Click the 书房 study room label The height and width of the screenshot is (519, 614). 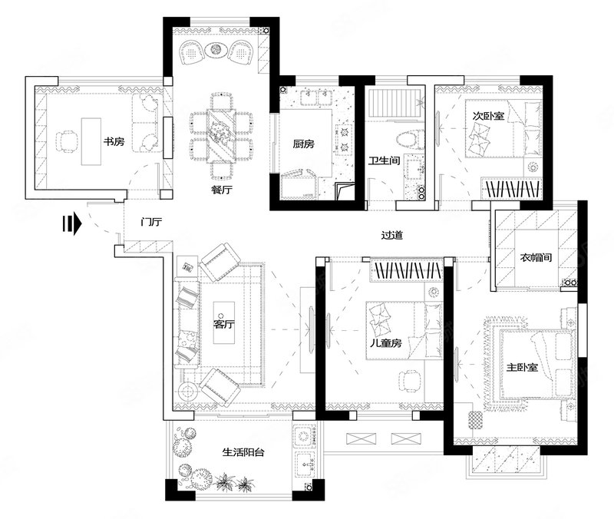(x=114, y=141)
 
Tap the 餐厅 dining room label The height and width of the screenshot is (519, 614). (x=222, y=190)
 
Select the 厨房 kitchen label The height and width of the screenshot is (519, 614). (x=303, y=144)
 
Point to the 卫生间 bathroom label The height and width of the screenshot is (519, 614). (x=385, y=160)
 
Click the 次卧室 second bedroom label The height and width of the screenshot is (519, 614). (x=488, y=116)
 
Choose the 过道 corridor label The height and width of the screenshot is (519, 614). (x=392, y=235)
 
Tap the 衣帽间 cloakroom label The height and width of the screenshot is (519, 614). (x=536, y=257)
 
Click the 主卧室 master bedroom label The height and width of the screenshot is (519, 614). (x=522, y=368)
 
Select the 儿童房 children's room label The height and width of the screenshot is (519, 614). (x=386, y=343)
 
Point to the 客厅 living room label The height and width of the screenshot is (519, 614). (x=224, y=324)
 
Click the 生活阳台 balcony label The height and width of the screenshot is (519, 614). (x=243, y=452)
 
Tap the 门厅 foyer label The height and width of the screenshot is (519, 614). (x=151, y=222)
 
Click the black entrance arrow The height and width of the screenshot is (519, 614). (x=71, y=224)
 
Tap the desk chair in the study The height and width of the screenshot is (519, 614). (x=67, y=141)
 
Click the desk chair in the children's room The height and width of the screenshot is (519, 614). (x=410, y=381)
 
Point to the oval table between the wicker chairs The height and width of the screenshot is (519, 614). (x=216, y=50)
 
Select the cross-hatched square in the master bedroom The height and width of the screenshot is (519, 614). (x=475, y=420)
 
